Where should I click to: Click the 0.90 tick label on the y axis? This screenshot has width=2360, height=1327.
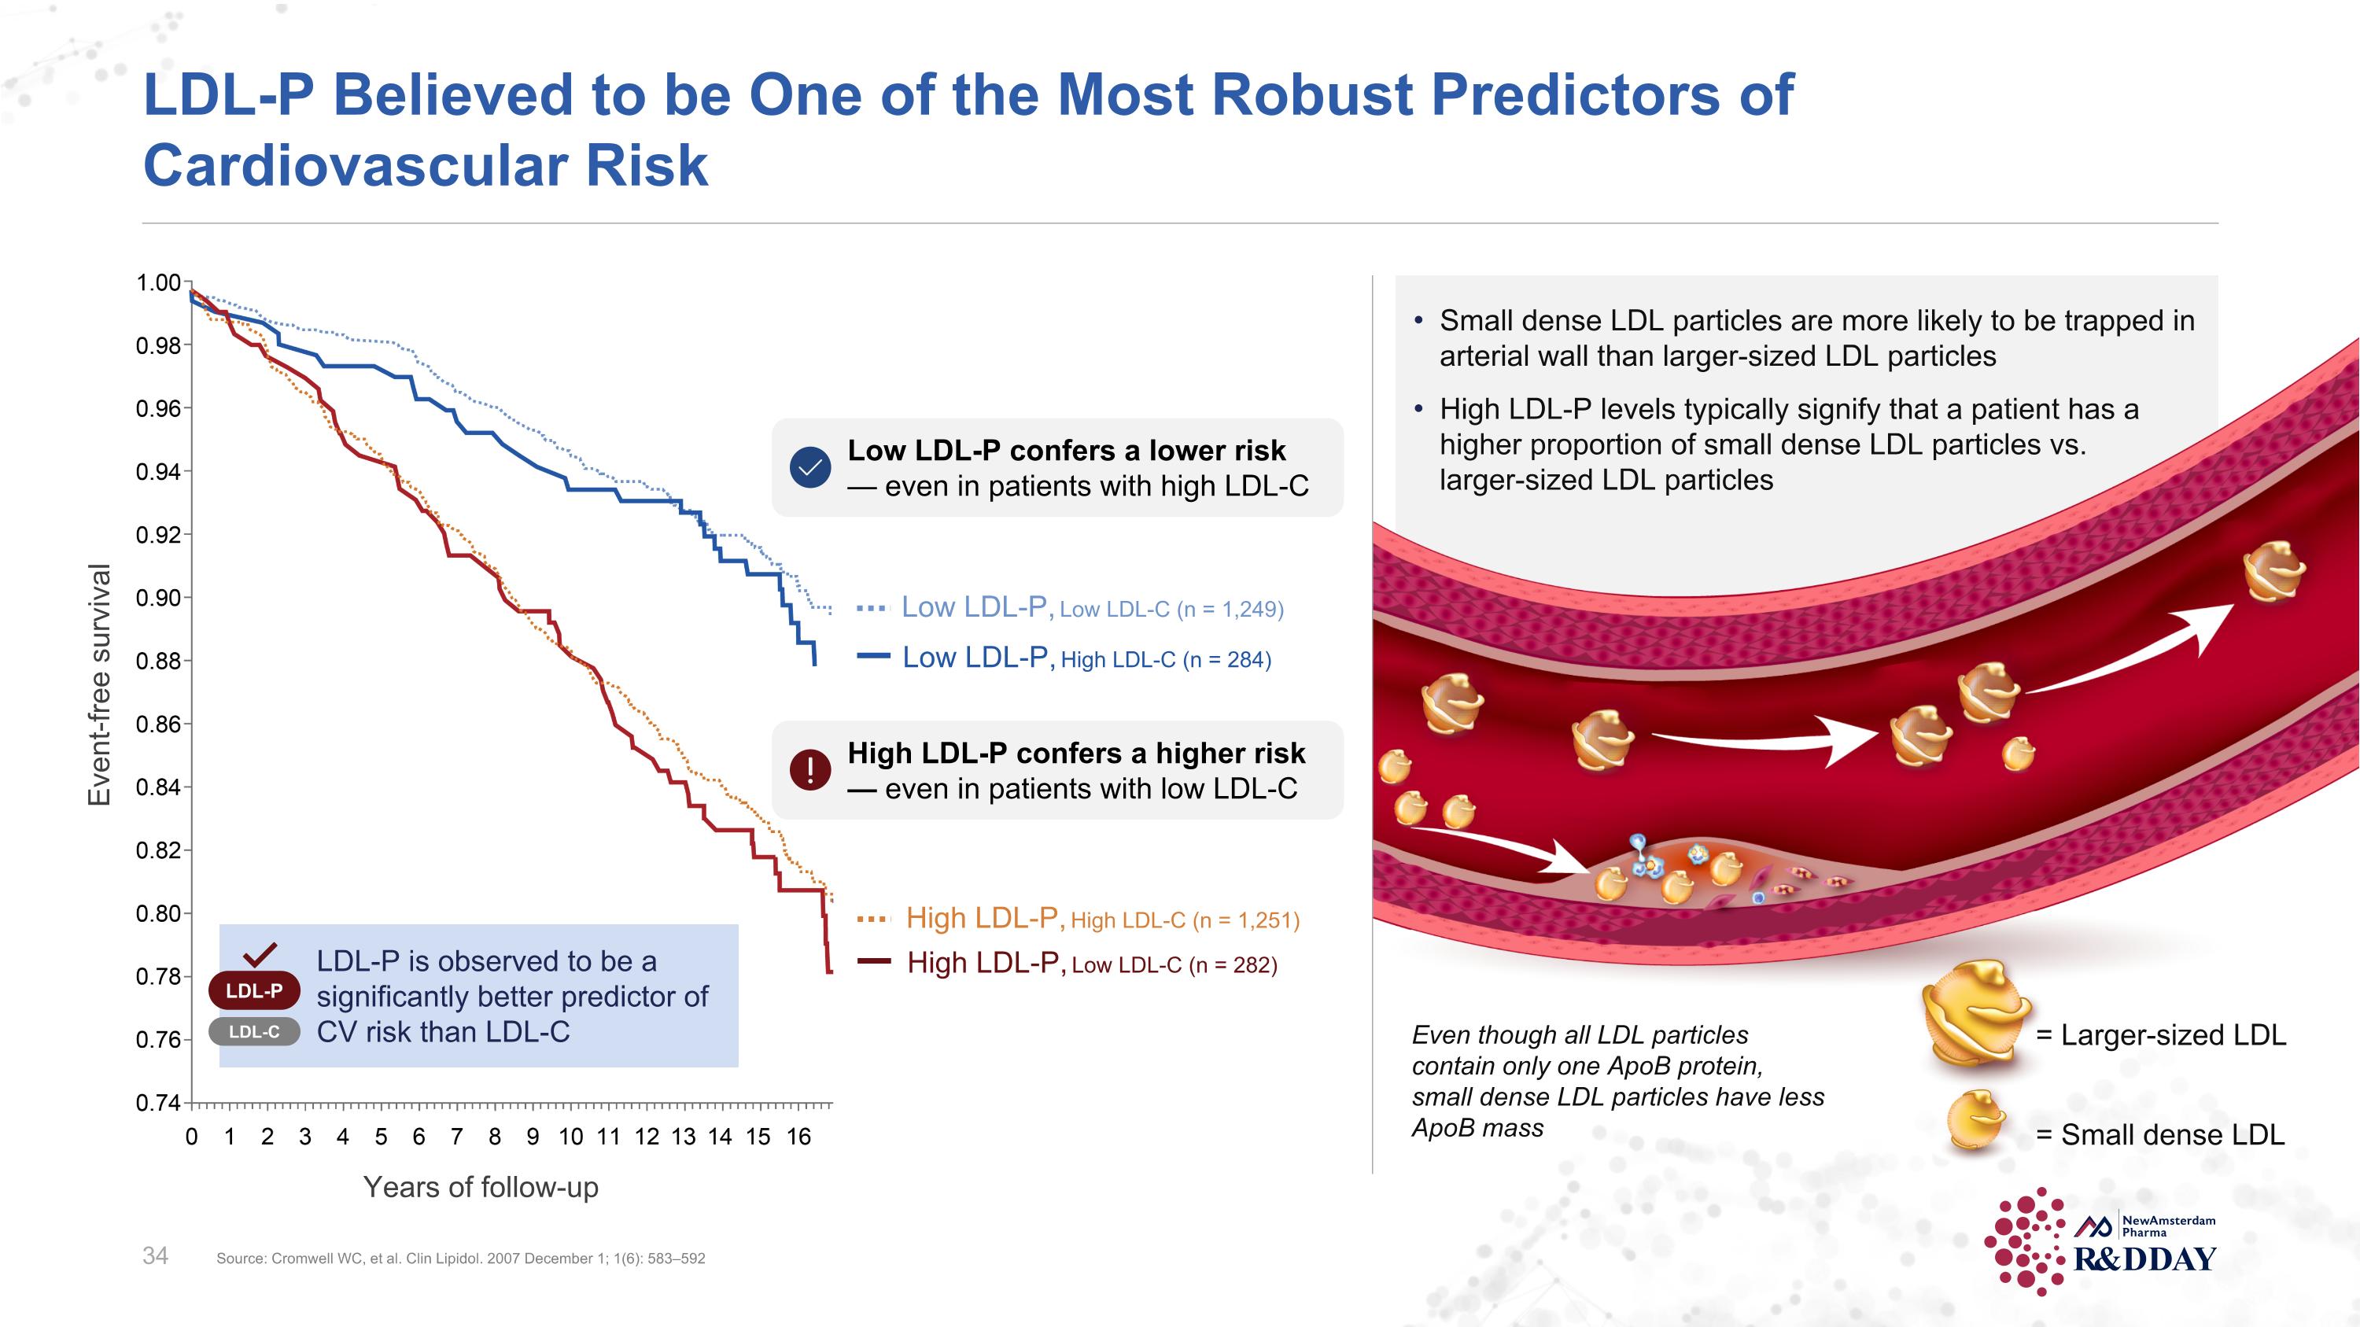coord(158,598)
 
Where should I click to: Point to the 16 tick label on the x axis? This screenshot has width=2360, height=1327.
coord(798,1137)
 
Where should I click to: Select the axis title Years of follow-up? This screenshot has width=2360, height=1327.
coord(480,1187)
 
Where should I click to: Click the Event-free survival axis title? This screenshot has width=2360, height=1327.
coord(99,684)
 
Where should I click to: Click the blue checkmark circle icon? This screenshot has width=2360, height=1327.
coord(810,468)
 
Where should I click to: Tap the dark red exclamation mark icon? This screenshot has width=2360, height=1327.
coord(810,769)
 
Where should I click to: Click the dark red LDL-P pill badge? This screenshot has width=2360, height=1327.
coord(254,990)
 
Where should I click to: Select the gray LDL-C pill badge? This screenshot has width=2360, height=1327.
coord(254,1032)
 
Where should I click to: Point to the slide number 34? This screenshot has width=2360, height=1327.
coord(155,1255)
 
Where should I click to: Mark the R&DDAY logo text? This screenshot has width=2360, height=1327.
coord(2144,1259)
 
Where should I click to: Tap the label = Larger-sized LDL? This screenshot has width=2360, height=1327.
coord(2160,1035)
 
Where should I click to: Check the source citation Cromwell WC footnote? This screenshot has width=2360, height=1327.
coord(460,1259)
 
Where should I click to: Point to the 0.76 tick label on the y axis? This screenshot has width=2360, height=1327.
coord(158,1041)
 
